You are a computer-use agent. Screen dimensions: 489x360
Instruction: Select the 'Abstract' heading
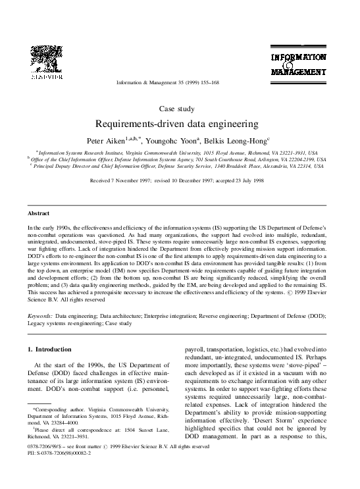pyautogui.click(x=39, y=214)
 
